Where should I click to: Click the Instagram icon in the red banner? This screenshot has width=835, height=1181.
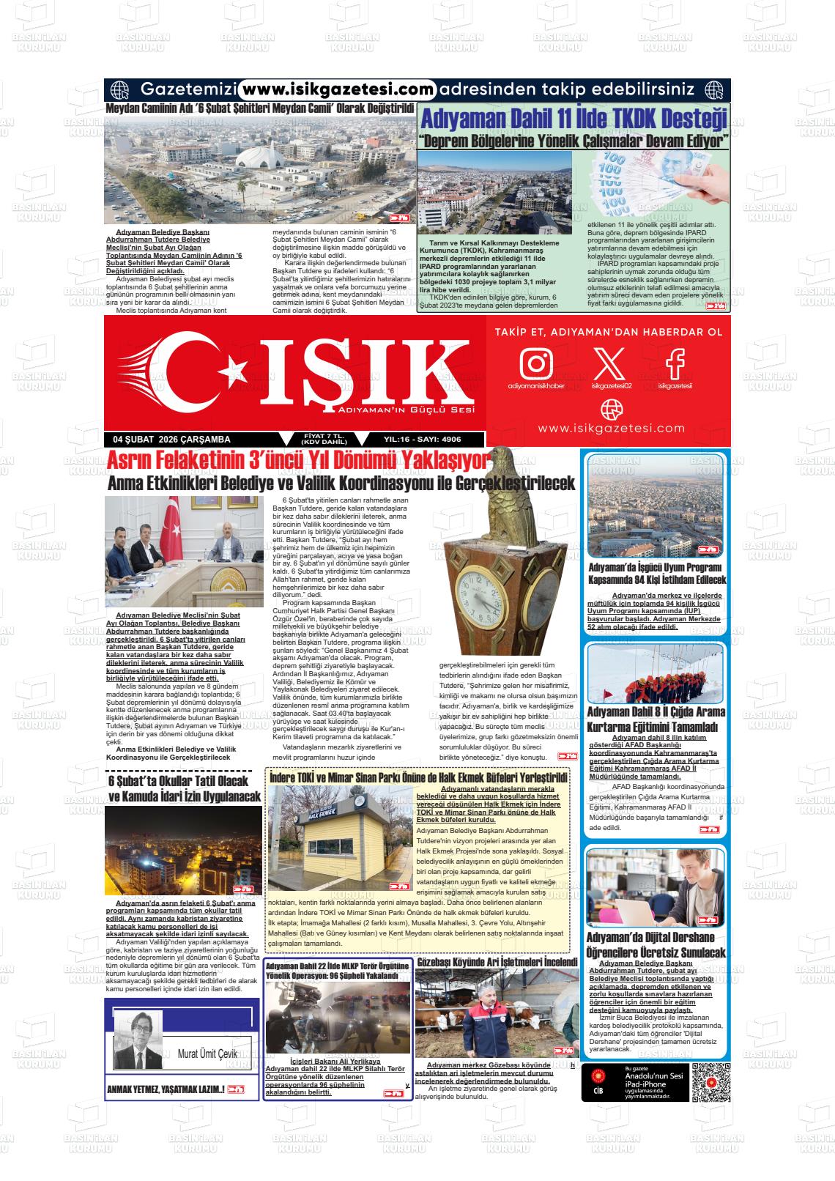[x=536, y=363]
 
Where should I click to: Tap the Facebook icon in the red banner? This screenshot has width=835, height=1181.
[x=675, y=363]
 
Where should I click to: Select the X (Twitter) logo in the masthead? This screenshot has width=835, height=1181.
[x=611, y=363]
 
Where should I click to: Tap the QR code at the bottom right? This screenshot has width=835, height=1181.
[x=711, y=1081]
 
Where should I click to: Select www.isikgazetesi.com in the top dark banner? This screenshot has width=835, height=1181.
[x=338, y=89]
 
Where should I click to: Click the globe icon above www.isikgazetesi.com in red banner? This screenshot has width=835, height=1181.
[x=611, y=409]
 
